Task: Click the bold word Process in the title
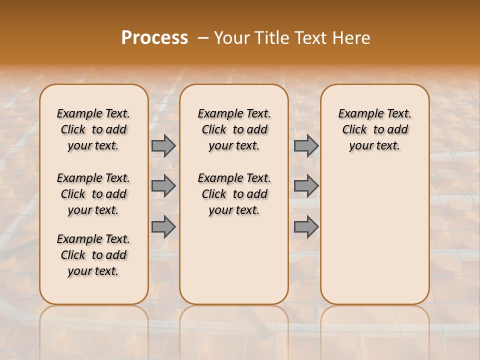tap(154, 38)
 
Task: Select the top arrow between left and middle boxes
tap(163, 146)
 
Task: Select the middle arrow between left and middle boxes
tap(163, 186)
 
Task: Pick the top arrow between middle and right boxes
tap(306, 146)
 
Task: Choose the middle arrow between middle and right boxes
tap(306, 186)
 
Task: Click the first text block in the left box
tap(93, 129)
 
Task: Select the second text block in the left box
tap(93, 194)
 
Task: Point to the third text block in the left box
tap(93, 255)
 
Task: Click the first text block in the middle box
tap(234, 129)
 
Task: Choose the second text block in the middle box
tap(234, 194)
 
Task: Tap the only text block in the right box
tap(375, 129)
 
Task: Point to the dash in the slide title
tap(203, 38)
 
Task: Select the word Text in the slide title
tap(309, 38)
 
